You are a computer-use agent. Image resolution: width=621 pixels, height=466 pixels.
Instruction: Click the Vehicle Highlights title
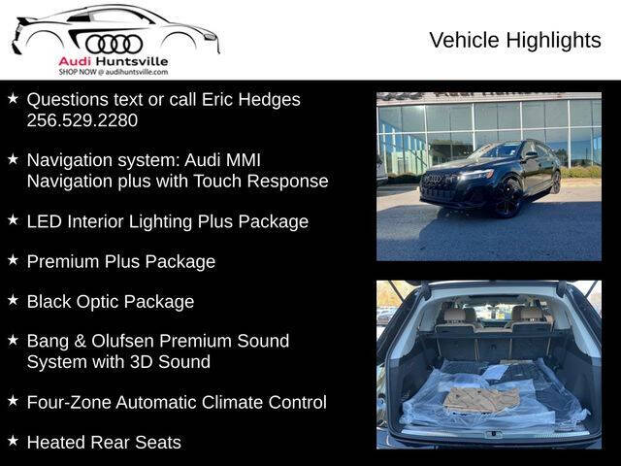514,40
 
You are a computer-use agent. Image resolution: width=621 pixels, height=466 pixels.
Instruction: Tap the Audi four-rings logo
114,44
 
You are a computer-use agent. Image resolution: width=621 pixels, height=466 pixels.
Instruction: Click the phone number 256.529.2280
82,120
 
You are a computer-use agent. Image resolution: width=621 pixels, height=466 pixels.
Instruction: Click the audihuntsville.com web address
136,72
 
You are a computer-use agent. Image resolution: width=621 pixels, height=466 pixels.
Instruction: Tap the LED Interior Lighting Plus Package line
167,221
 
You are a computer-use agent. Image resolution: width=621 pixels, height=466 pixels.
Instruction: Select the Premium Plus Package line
120,261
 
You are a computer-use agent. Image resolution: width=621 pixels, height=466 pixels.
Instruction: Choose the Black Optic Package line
110,301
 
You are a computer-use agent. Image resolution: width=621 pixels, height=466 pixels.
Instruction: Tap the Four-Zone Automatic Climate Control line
176,402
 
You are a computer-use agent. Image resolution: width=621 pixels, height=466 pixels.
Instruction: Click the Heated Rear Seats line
103,442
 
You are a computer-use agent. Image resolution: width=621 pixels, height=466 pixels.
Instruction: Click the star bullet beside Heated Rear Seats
13,440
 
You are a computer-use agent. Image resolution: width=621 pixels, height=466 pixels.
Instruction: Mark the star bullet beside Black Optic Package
13,299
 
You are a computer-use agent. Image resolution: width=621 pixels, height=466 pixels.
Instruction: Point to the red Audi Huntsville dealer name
114,62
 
